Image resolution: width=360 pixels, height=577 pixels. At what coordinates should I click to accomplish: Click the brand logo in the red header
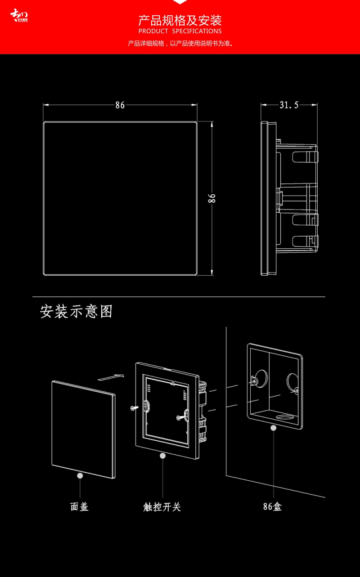click(x=19, y=16)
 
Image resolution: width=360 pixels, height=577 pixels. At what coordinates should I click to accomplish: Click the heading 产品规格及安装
click(x=180, y=20)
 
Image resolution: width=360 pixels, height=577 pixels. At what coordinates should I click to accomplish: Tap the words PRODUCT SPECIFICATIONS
click(x=180, y=31)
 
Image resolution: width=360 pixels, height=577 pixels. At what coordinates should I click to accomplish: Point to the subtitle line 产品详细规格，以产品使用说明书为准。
click(x=180, y=44)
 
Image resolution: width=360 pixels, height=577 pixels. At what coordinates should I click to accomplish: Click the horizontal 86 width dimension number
click(x=120, y=105)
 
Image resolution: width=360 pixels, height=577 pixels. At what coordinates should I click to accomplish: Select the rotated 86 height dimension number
click(x=212, y=198)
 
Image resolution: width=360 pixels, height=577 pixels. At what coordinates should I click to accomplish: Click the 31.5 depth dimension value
click(x=289, y=105)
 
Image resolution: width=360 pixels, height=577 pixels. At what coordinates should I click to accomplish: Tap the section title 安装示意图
click(x=76, y=312)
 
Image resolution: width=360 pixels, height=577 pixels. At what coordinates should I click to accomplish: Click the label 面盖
click(x=80, y=507)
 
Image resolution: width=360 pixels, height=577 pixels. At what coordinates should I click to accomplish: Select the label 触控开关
click(x=162, y=507)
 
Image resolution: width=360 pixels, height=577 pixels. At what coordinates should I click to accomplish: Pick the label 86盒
click(x=273, y=507)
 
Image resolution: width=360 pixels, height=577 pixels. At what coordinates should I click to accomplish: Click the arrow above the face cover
click(x=111, y=376)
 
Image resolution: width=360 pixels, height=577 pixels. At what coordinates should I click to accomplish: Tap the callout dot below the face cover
click(x=80, y=475)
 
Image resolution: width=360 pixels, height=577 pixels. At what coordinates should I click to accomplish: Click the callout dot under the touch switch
click(x=162, y=456)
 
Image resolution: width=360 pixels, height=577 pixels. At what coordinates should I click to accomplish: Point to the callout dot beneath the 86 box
click(x=273, y=428)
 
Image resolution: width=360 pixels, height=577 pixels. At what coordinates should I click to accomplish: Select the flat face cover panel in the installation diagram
click(x=83, y=427)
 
